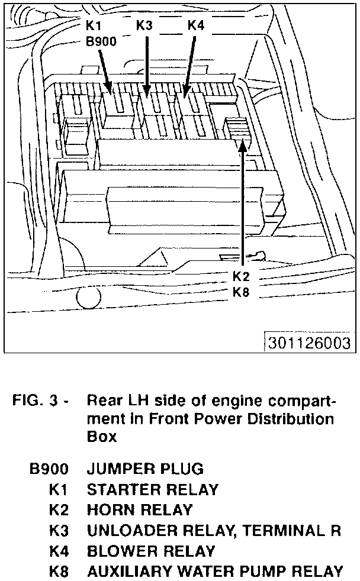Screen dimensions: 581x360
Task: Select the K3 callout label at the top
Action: (x=145, y=26)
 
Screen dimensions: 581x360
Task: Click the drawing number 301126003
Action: (x=308, y=343)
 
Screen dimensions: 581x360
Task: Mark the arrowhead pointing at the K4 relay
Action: (x=185, y=93)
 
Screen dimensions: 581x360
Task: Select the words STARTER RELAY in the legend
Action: (x=152, y=489)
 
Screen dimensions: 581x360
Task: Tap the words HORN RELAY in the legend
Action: (x=140, y=509)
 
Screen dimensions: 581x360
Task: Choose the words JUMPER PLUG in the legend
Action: (x=145, y=469)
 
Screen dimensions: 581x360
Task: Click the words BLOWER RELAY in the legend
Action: (x=150, y=551)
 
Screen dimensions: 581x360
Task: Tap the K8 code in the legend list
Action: (x=59, y=572)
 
